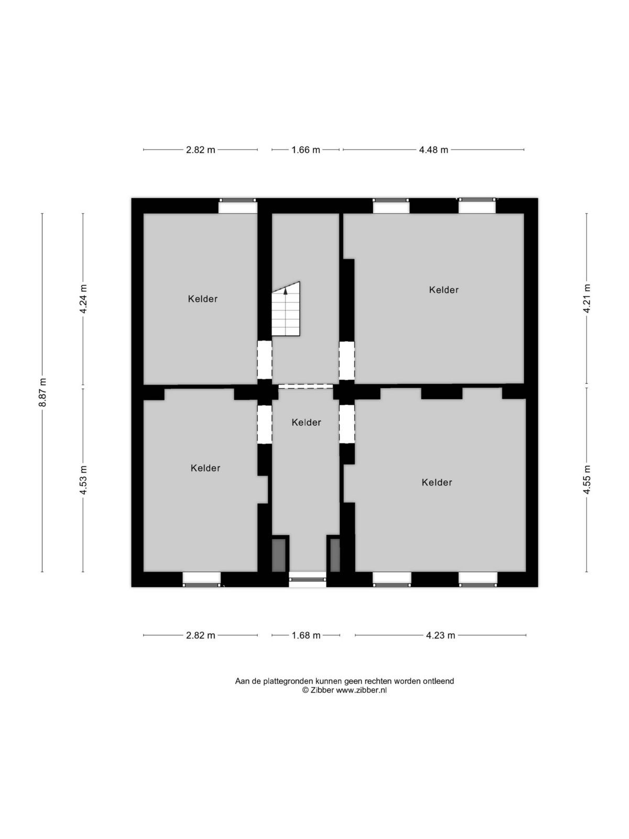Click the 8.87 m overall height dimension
point(44,393)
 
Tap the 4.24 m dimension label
point(83,299)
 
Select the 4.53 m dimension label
point(83,480)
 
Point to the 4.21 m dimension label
point(587,299)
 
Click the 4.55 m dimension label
point(587,480)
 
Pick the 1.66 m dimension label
point(306,150)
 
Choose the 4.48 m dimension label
point(433,150)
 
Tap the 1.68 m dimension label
point(306,635)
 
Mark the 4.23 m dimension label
point(440,635)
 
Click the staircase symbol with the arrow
point(286,309)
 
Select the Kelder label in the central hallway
point(306,422)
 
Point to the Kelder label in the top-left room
point(203,299)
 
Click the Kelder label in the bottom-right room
point(437,482)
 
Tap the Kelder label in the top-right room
point(444,290)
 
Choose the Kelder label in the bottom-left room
point(205,468)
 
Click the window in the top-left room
point(237,206)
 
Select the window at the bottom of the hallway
point(308,580)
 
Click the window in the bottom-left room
point(202,579)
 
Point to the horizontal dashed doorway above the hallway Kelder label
point(306,386)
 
